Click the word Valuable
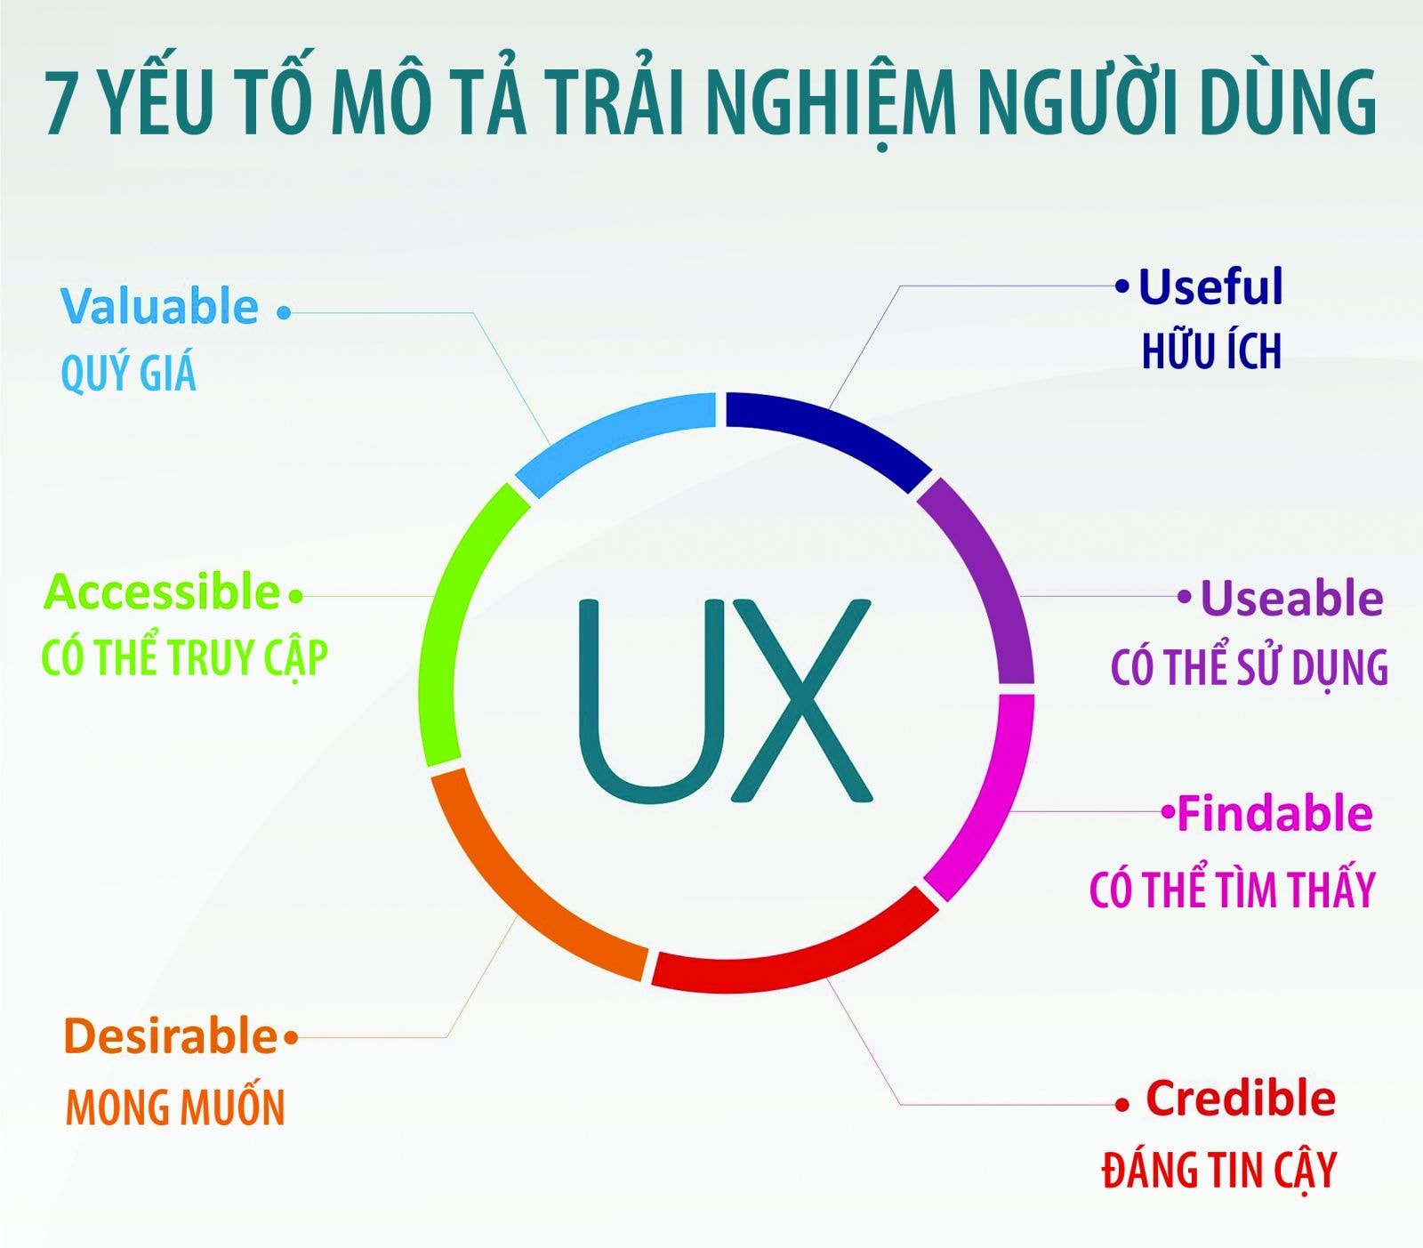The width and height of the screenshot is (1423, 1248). pyautogui.click(x=159, y=306)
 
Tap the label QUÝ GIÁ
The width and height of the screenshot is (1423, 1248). pyautogui.click(x=128, y=372)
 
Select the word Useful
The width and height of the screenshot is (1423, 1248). pyautogui.click(x=1210, y=286)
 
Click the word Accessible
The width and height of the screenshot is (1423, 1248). pyautogui.click(x=162, y=592)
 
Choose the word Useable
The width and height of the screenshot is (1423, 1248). pyautogui.click(x=1291, y=598)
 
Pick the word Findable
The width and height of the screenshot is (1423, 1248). pyautogui.click(x=1274, y=813)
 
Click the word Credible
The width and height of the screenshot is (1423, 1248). pyautogui.click(x=1241, y=1098)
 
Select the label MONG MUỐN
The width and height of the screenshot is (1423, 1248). pyautogui.click(x=175, y=1107)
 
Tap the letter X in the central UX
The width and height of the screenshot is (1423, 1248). pyautogui.click(x=800, y=699)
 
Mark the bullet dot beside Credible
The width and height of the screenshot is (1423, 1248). pyautogui.click(x=1122, y=1105)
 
